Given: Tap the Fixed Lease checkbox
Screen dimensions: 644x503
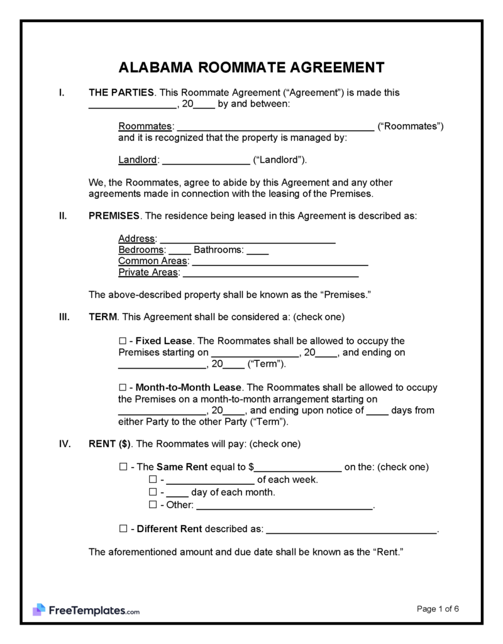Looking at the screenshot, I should coord(123,341).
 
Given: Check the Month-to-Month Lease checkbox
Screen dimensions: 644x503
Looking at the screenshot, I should coord(123,387).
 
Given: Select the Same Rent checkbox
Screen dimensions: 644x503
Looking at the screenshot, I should coord(123,467).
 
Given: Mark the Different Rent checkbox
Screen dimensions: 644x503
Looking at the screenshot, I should coord(123,529).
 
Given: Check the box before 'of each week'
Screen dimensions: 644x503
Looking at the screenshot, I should coord(152,479).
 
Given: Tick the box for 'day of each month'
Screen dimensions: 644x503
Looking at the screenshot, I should coord(152,492).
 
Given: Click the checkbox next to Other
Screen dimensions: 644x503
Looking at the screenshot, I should coord(152,505).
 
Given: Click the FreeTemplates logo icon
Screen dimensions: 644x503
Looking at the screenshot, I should coord(39,609).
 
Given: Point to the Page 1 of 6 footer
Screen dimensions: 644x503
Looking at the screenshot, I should coord(438,608).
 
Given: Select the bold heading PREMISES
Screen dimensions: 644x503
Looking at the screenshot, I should coord(114,216).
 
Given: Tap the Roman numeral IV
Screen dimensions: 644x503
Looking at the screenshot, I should coord(64,443).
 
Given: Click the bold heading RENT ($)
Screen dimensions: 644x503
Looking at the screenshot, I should coord(110,443).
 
